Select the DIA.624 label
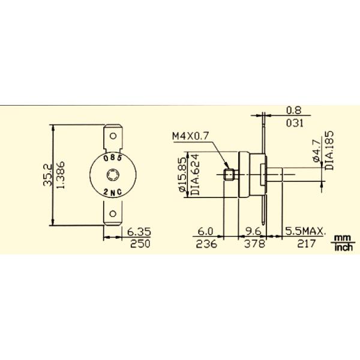(195, 175)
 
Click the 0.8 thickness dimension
(293, 110)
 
